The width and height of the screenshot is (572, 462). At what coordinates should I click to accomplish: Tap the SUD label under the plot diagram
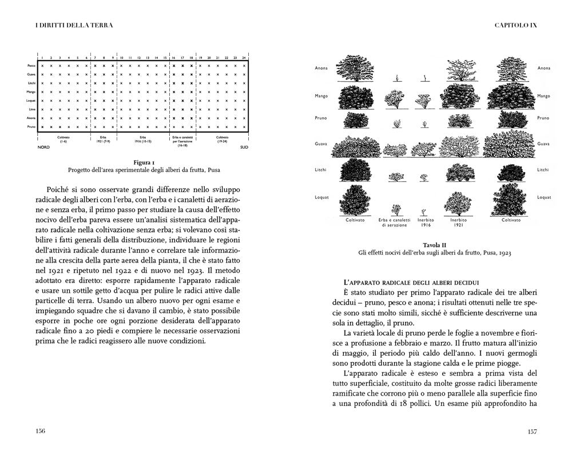coord(244,147)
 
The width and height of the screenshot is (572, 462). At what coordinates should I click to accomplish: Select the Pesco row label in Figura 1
coord(31,66)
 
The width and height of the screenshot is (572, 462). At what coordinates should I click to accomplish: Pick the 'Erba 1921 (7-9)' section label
coord(103,139)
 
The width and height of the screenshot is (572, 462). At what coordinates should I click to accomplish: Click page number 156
coord(40,431)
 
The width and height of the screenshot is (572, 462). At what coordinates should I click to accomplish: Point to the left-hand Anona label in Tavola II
coord(321,68)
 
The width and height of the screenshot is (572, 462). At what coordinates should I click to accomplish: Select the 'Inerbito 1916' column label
coord(423,222)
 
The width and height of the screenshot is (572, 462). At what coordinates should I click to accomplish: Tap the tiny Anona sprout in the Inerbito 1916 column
coord(423,76)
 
